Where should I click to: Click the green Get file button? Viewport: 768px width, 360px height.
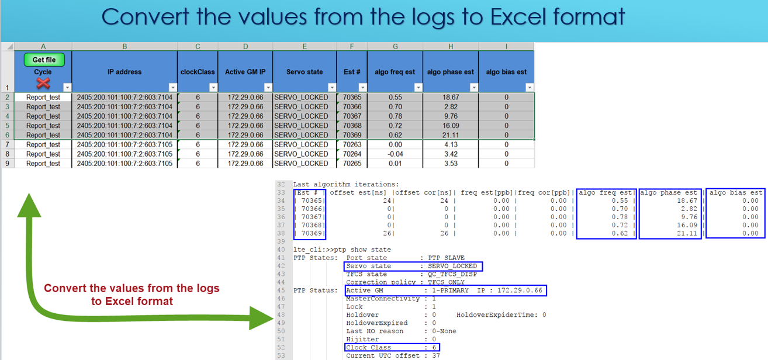coord(44,60)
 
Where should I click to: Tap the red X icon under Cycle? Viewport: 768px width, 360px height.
coord(43,83)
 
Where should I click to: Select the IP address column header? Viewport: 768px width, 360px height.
coord(124,72)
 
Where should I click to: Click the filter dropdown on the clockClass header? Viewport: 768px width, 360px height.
coord(213,88)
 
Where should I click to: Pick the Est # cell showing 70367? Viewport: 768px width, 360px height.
coord(352,116)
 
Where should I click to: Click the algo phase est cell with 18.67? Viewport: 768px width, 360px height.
coord(451,98)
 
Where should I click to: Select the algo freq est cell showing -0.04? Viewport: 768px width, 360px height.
coord(395,154)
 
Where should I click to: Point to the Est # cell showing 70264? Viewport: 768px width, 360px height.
coord(352,154)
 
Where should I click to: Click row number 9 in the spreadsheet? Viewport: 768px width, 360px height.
coord(7,164)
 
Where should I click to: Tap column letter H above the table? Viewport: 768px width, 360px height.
coord(451,47)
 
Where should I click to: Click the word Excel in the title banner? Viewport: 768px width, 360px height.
coord(518,16)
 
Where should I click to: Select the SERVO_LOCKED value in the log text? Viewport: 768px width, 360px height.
coord(452,266)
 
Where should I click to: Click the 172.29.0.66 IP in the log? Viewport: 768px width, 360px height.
coord(520,290)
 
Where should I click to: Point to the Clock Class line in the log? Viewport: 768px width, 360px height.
coord(392,347)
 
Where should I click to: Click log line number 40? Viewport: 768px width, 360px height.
coord(281,250)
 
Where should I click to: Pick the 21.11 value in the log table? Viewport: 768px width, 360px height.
coord(687,233)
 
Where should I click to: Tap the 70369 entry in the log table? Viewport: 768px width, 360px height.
coord(312,233)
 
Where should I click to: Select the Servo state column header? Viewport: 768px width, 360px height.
coord(305,72)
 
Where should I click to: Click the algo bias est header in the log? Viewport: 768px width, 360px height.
coord(736,193)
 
